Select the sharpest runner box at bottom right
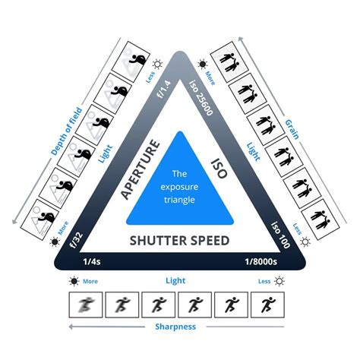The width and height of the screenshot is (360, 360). coord(269,305)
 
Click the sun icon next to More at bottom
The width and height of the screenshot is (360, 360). coord(73,281)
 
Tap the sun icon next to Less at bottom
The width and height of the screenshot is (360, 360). coord(279,281)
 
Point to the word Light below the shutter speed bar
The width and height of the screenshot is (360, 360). coord(176,281)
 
